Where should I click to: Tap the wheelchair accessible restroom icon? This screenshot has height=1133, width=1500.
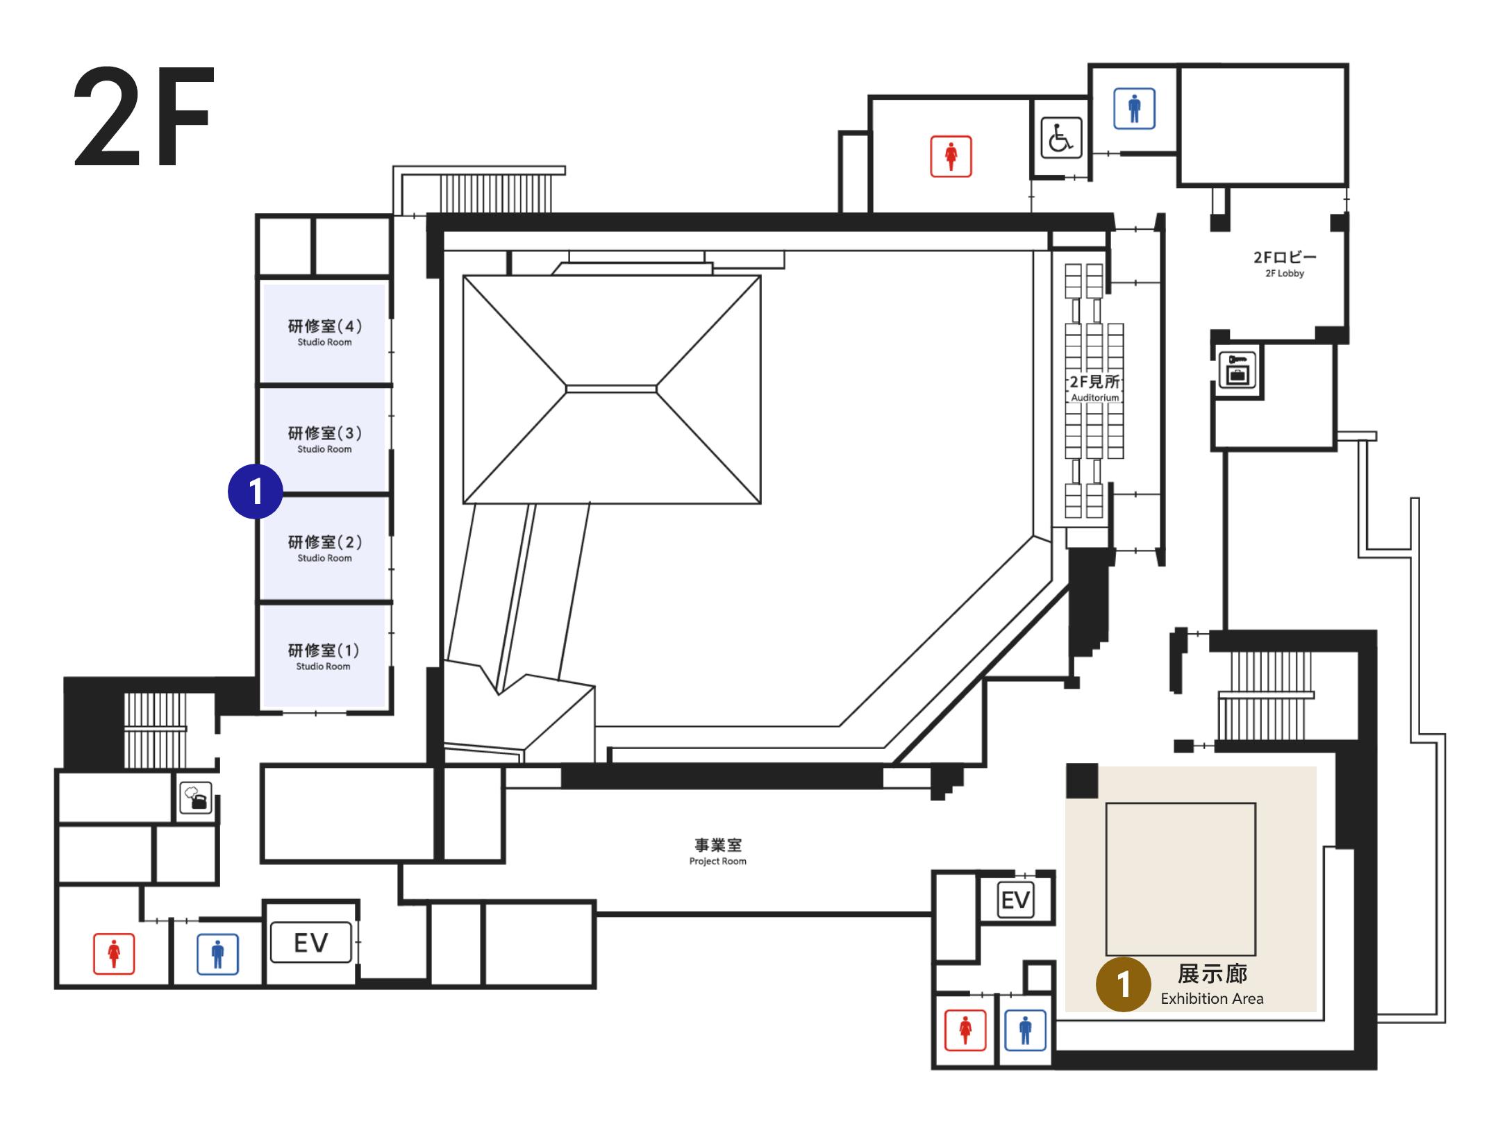coord(1060,138)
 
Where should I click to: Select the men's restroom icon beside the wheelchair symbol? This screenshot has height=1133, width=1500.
coord(1134,108)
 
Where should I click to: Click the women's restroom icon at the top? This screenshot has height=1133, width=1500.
coord(951,156)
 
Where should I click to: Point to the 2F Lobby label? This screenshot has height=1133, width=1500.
coord(1285,263)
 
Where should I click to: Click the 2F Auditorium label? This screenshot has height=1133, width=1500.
coord(1094,388)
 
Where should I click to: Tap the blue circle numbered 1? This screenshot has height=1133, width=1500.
coord(256,492)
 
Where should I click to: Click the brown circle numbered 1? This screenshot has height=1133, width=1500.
coord(1123,984)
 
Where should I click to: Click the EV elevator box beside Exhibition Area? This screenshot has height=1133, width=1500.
coord(1015,900)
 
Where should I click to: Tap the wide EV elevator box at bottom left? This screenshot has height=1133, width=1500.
coord(311,942)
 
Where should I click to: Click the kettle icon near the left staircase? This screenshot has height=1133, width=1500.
coord(196,798)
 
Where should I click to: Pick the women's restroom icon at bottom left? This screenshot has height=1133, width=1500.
coord(114,954)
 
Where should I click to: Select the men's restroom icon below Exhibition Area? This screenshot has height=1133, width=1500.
coord(1026,1030)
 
